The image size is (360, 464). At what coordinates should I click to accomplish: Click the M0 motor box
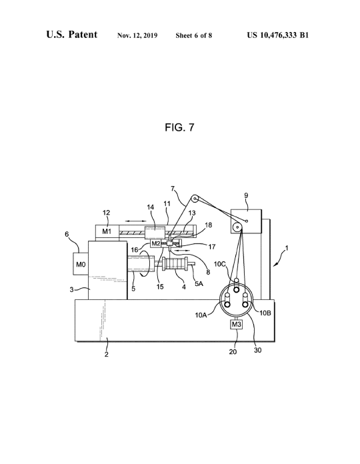tap(81, 263)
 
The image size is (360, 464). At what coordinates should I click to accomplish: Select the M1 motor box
tap(107, 231)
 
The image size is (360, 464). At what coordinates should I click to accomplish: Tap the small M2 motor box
tap(155, 243)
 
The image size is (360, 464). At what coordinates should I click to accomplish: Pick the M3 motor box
tap(236, 324)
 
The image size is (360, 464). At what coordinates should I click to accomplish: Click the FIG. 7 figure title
tap(179, 127)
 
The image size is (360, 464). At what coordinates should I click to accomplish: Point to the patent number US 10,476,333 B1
tap(277, 35)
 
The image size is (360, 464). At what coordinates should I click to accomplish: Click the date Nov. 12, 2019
tap(137, 35)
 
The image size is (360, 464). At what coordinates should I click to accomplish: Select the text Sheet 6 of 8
tap(194, 35)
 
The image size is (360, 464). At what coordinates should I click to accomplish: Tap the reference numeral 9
tap(246, 195)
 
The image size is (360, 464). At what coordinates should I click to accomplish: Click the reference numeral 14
tap(151, 207)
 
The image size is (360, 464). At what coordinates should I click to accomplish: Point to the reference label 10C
tap(220, 263)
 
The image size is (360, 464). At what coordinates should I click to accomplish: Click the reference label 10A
tap(201, 315)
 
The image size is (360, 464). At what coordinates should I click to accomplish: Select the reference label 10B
tap(265, 313)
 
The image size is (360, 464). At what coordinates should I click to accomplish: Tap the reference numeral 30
tap(257, 350)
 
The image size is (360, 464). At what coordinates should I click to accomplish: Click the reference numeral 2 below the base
tap(107, 354)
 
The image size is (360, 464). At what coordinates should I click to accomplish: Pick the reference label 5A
tap(199, 283)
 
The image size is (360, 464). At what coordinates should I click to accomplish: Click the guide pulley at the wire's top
tap(195, 199)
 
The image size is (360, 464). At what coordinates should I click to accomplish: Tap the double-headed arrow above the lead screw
tap(135, 221)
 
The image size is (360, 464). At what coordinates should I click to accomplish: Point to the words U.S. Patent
tap(71, 35)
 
